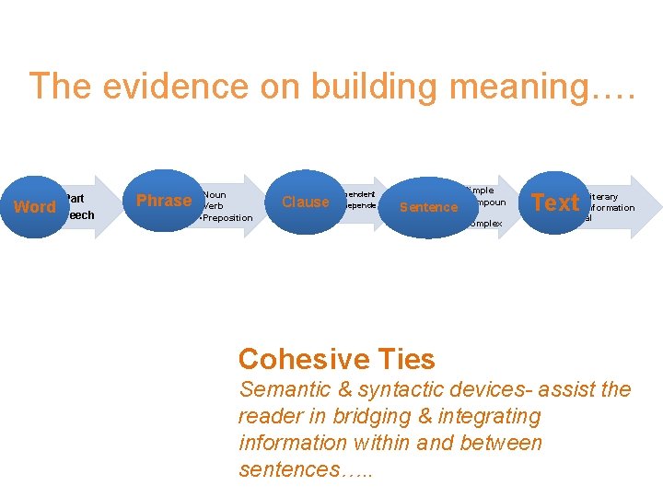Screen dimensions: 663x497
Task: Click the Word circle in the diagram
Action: [x=35, y=207]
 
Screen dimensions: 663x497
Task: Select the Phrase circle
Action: [x=164, y=201]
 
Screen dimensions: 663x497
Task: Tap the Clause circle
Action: [x=305, y=202]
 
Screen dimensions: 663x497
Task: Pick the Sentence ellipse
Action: [x=428, y=207]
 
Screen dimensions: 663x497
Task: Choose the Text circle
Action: [x=555, y=202]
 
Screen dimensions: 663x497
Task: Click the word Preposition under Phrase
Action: [x=227, y=218]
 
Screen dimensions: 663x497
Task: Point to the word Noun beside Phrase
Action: [x=215, y=195]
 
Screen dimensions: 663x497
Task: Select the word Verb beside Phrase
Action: [x=214, y=206]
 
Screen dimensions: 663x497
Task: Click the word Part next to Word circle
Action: [x=75, y=199]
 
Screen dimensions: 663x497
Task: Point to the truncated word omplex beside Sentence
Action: [x=484, y=224]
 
